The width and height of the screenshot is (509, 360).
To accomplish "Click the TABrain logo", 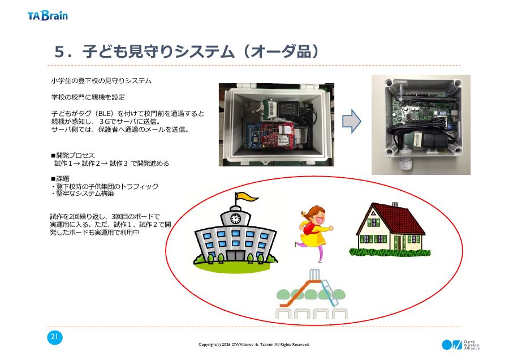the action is tap(48, 16).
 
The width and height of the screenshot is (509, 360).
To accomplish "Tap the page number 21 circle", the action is tap(54, 337).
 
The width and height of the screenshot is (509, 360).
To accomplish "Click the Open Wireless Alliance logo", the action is tap(460, 345).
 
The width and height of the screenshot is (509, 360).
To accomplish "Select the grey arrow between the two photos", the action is tap(352, 121).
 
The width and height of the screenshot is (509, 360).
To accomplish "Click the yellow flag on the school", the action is tap(247, 196).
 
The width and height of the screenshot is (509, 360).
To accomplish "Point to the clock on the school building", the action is tap(235, 218).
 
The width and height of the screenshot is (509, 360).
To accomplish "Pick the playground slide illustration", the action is tap(311, 293).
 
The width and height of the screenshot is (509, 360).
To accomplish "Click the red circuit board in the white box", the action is tap(278, 135).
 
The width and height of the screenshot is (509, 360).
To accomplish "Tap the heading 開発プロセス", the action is tap(75, 155).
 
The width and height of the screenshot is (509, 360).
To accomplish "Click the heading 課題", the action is tap(63, 178).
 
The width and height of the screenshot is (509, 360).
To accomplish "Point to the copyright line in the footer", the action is tap(254, 344).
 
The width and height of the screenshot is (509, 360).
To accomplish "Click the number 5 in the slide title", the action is tap(59, 52).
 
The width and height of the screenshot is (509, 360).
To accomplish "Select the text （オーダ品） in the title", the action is tap(281, 52).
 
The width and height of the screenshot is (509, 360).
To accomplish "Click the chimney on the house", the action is tap(395, 205).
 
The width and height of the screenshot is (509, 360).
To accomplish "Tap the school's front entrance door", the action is tap(235, 255).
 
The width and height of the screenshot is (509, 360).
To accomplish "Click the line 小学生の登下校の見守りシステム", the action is tap(101, 80).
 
